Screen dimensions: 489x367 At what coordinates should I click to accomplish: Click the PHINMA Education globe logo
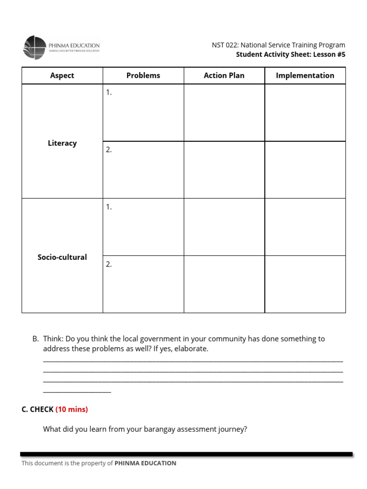35,47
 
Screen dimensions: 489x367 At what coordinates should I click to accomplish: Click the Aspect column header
62,75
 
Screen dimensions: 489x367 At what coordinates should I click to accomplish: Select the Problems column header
143,75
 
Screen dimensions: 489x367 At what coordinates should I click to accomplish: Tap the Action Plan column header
224,75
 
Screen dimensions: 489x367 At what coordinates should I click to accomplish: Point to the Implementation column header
305,75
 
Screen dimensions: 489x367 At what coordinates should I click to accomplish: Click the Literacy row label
62,143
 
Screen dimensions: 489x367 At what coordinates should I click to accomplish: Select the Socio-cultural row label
62,257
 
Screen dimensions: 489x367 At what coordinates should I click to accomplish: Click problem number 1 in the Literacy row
109,93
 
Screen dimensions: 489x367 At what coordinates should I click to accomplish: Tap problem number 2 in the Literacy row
109,149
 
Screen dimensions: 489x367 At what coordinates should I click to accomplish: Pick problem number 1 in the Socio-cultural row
109,207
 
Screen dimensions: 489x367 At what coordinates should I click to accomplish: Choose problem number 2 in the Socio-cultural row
109,264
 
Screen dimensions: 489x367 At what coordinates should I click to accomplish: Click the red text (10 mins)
72,409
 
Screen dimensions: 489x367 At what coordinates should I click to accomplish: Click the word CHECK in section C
42,409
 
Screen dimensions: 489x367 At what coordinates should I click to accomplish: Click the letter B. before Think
35,339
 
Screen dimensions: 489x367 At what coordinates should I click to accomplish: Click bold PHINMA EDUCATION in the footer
145,463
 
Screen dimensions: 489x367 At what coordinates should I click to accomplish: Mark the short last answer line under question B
77,392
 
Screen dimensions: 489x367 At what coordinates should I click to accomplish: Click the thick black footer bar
186,454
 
